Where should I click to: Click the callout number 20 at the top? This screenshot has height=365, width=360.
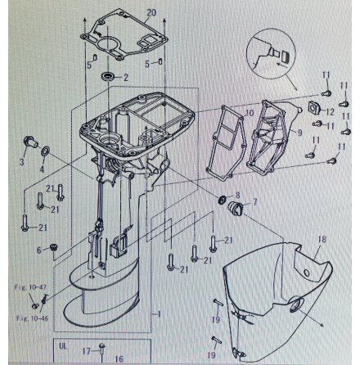coord(151,13)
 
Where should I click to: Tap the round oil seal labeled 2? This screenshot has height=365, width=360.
coord(107,76)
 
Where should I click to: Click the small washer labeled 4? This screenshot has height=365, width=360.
coord(44,152)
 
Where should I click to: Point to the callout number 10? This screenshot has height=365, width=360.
coord(250,112)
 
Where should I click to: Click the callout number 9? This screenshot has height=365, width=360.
coord(299,132)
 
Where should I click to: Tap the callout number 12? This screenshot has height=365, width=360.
coord(330,111)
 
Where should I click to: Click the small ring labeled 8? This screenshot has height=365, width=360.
coord(223,201)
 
